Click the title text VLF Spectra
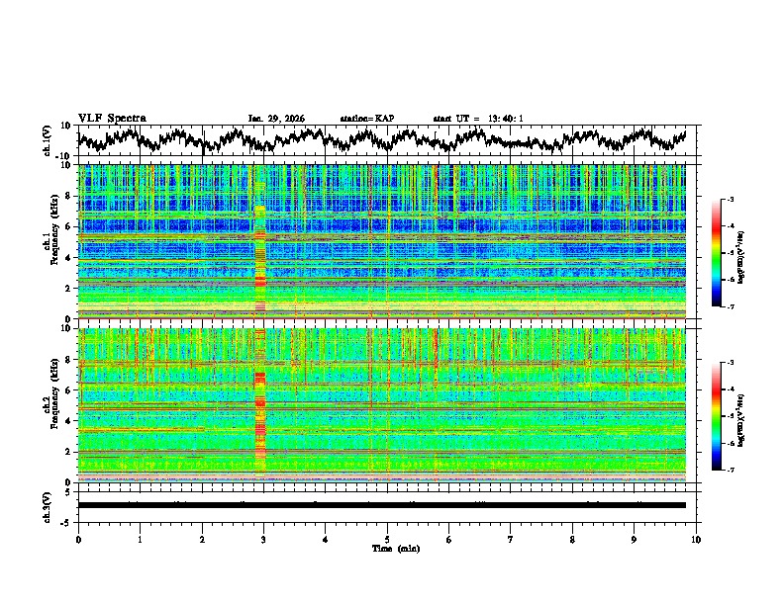(112, 118)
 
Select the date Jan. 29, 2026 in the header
(276, 118)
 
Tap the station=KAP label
(367, 118)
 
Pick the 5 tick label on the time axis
(387, 539)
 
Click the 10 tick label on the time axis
(696, 539)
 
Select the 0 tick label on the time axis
(78, 539)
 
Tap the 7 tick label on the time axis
(511, 539)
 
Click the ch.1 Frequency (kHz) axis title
(51, 240)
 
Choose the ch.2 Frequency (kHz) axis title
(51, 404)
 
